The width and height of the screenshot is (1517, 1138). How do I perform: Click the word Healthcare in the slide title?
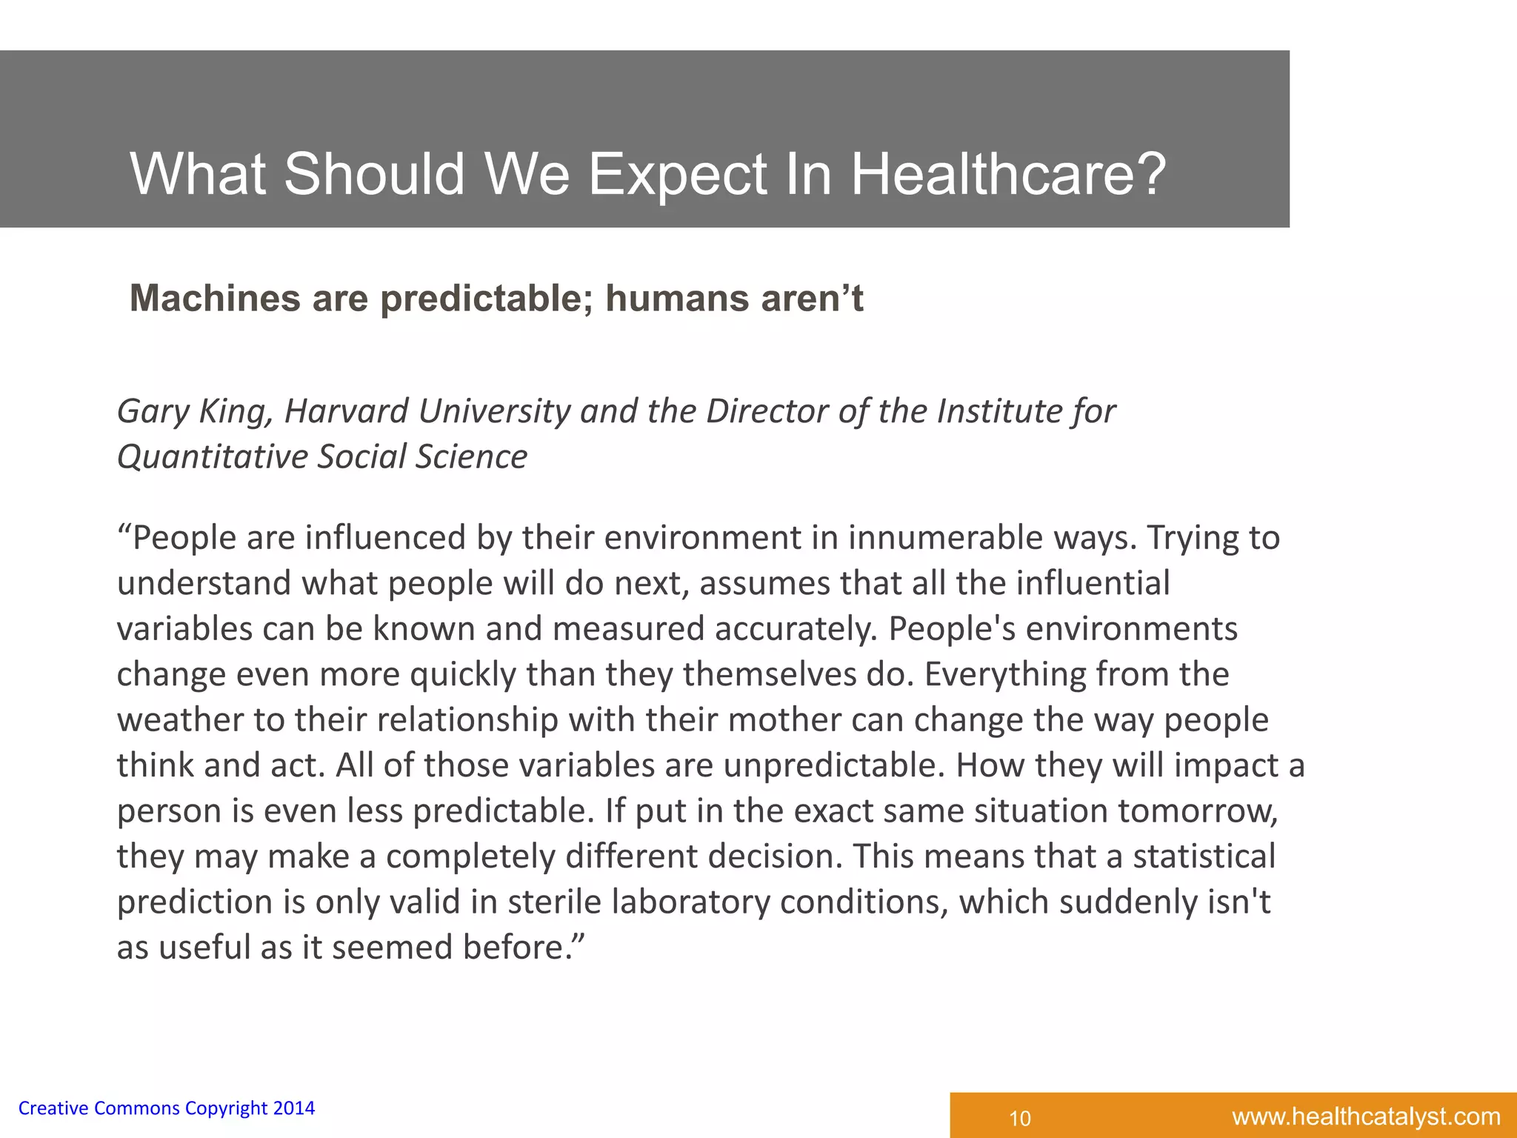point(1009,174)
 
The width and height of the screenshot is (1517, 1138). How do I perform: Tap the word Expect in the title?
point(677,176)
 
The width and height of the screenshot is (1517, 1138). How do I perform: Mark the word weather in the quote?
point(179,720)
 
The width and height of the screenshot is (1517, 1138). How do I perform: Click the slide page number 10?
point(1020,1118)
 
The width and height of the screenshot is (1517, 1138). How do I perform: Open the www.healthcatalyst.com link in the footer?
point(1366,1117)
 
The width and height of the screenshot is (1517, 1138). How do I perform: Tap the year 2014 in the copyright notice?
point(293,1108)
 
